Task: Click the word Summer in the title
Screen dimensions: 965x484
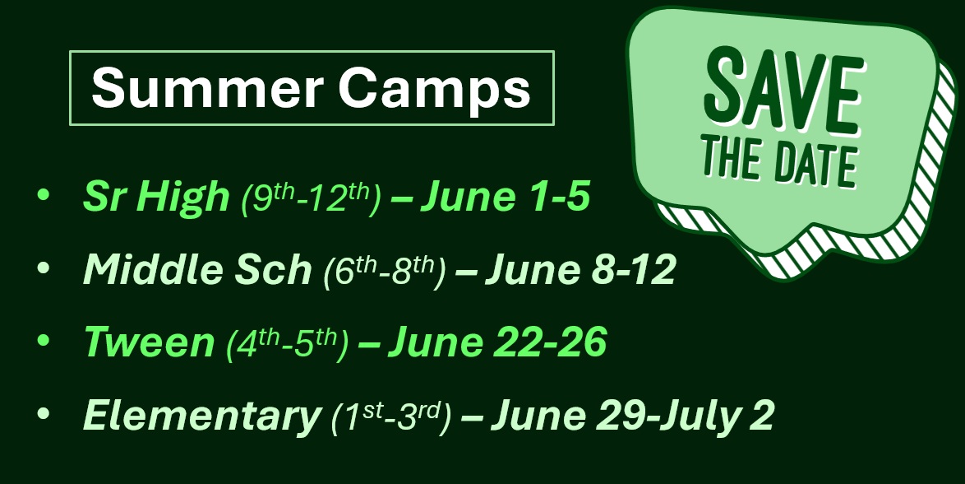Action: [x=207, y=87]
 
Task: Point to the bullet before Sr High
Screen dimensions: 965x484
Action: [x=43, y=194]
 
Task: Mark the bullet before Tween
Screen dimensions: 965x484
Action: [x=43, y=340]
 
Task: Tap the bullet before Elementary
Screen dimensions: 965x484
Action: [x=43, y=413]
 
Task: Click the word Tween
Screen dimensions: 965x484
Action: [x=149, y=342]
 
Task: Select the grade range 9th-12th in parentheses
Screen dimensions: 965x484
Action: [x=312, y=198]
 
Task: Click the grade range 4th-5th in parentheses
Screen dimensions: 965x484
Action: [x=288, y=343]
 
